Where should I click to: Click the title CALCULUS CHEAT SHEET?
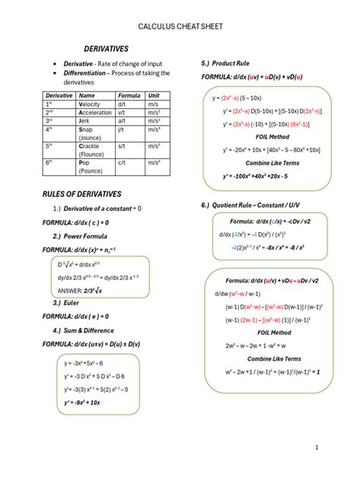coord(180,27)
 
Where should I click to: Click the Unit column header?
coord(153,95)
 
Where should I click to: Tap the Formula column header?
coord(129,95)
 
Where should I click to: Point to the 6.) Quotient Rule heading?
coord(257,205)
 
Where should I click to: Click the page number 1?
coord(336,448)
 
